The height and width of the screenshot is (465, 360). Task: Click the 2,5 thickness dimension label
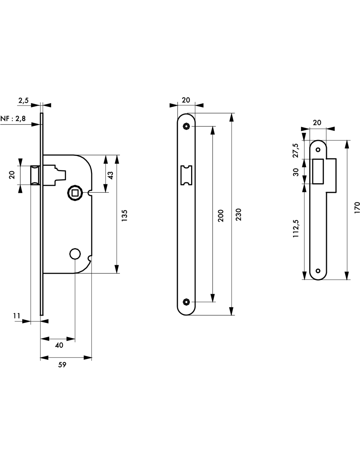click(24, 100)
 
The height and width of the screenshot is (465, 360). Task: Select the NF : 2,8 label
click(13, 118)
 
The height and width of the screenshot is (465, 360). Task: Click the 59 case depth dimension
click(62, 365)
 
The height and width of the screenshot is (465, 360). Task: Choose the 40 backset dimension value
click(59, 345)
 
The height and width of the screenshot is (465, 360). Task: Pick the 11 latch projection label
click(17, 316)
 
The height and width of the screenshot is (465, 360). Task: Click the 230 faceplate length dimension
click(239, 214)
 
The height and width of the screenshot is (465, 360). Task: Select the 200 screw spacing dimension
click(221, 216)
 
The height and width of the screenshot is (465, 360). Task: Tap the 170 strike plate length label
click(357, 208)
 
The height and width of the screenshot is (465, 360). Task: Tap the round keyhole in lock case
click(75, 253)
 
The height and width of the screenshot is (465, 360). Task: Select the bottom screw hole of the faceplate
click(187, 301)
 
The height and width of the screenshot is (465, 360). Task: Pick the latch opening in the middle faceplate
click(187, 176)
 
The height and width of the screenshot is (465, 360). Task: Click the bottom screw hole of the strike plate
click(317, 270)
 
